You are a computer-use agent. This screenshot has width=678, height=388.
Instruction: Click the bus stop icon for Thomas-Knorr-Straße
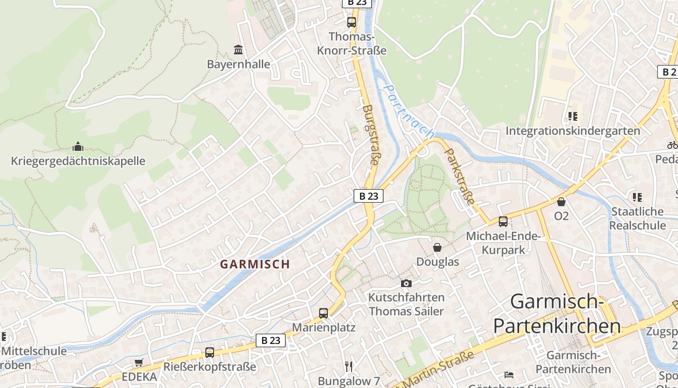351,22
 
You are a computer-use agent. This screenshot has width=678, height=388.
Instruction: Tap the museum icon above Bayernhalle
238,49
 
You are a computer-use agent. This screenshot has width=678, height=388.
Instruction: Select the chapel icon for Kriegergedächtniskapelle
77,146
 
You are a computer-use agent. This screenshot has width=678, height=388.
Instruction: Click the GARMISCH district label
255,264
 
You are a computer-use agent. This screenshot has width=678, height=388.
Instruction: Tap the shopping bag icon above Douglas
437,247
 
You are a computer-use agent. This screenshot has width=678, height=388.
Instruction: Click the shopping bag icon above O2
561,201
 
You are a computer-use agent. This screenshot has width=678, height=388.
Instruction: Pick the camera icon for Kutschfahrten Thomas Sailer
406,283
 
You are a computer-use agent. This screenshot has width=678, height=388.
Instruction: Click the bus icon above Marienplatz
324,313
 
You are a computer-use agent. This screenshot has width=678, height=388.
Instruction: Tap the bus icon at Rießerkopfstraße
209,352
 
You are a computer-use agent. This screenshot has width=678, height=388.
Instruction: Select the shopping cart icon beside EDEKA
139,362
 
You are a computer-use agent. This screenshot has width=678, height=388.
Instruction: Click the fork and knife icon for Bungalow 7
349,366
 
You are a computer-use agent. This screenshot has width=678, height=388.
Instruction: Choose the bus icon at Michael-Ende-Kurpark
503,222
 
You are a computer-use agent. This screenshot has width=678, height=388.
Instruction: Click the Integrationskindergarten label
573,131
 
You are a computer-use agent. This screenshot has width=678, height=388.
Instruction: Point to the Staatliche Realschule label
637,218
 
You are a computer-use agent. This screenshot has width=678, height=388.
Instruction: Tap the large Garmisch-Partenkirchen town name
557,314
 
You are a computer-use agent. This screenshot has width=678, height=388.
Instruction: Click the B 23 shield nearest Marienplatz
271,340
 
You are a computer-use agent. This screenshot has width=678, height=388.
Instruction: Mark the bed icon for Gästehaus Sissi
508,375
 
